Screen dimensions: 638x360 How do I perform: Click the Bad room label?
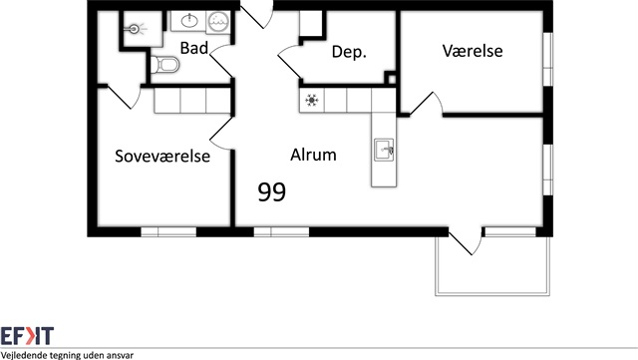coord(194,48)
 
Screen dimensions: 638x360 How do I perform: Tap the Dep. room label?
coord(349,52)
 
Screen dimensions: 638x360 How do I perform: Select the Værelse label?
coord(473,51)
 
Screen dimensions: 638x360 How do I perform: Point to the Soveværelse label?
coord(162,156)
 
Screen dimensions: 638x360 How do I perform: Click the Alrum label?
coord(313,155)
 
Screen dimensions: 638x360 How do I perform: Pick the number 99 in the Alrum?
coord(272,192)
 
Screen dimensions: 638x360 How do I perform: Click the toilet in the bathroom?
coord(164,65)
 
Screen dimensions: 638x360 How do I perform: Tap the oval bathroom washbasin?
coord(189,20)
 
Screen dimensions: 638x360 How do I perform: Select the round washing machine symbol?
coord(218,22)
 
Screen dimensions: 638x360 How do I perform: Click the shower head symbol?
coord(135,29)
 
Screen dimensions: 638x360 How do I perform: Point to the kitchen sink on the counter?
coord(384,150)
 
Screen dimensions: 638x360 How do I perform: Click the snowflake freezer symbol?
coord(312,100)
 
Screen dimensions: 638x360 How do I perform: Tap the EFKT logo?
coord(27,336)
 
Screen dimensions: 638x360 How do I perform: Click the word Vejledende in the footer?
coord(23,356)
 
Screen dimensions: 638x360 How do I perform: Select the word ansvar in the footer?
coord(120,356)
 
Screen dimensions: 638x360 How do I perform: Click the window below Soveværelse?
coord(168,232)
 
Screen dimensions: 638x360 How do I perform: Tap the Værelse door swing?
coord(427,104)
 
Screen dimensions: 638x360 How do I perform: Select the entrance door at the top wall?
coord(256,14)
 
